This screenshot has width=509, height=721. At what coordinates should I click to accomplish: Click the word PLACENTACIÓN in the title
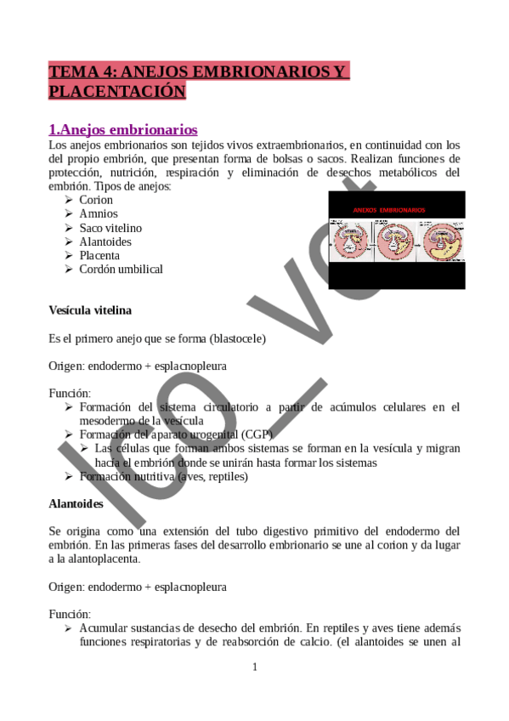117,91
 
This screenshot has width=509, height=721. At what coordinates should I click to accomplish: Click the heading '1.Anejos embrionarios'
123,129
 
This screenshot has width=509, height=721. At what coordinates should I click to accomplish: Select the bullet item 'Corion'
96,200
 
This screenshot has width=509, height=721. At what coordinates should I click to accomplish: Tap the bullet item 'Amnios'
99,213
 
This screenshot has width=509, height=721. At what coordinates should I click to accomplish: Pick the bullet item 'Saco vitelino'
110,228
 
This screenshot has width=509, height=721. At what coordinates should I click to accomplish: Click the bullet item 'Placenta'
99,255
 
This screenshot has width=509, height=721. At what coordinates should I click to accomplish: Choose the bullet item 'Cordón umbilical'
121,269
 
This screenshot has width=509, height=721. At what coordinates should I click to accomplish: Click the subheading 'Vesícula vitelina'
90,310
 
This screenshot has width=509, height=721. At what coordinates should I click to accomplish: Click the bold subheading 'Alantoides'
76,504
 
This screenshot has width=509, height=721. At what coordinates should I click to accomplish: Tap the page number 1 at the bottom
254,667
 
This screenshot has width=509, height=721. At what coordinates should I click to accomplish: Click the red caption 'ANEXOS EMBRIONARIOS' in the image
389,209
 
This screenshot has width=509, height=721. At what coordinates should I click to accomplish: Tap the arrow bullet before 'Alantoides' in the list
69,241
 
